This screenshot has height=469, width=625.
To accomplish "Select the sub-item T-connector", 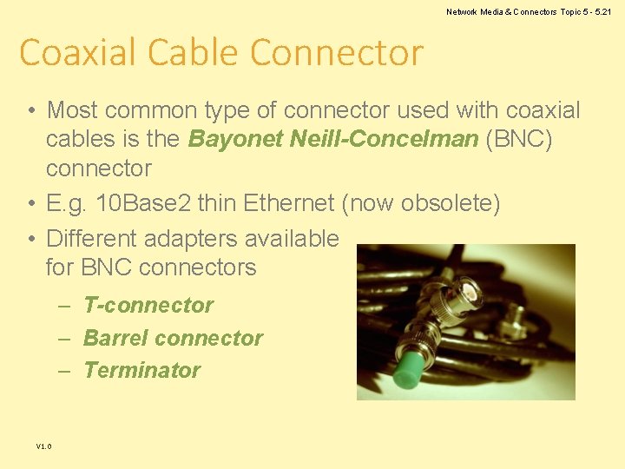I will coord(148,305).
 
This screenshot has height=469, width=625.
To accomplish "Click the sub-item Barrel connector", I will coord(173,338).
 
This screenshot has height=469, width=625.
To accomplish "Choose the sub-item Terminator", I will coord(141,370).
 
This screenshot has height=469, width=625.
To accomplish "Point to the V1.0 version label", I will coord(43,446).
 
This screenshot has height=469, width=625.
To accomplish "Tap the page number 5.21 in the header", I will coord(601,11).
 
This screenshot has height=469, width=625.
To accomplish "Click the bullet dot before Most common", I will coord(30,110).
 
